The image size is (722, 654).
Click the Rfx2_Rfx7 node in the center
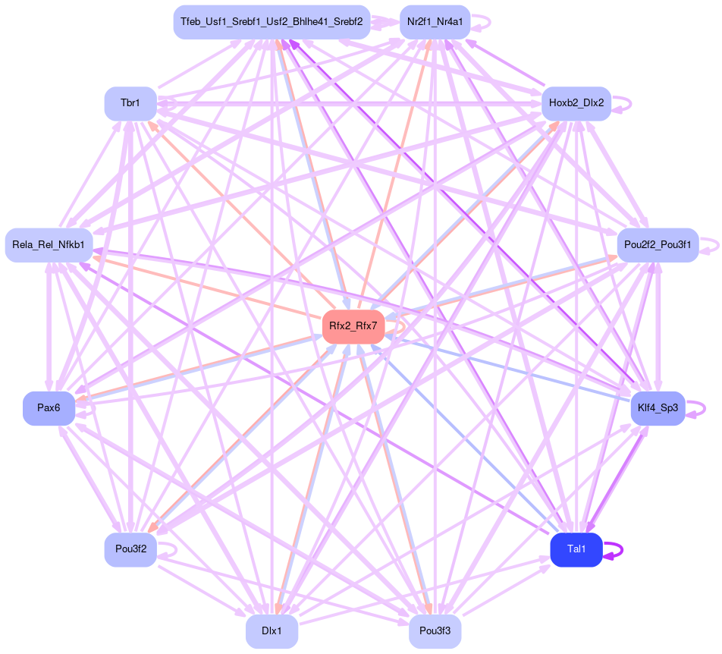(x=353, y=327)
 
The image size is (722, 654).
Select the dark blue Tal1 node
(x=576, y=550)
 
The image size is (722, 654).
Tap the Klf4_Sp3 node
(x=658, y=408)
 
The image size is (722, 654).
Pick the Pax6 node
(x=49, y=408)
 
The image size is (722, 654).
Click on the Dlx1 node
(x=272, y=631)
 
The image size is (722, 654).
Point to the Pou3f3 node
(x=435, y=631)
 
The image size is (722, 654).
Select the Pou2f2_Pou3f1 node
(x=657, y=245)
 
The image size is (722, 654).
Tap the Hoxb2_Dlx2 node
(x=576, y=103)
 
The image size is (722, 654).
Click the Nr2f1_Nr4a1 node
(x=435, y=22)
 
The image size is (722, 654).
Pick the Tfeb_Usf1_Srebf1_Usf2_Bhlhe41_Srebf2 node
(x=272, y=22)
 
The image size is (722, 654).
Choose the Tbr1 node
(x=130, y=103)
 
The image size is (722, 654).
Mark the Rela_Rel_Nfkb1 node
(x=49, y=245)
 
